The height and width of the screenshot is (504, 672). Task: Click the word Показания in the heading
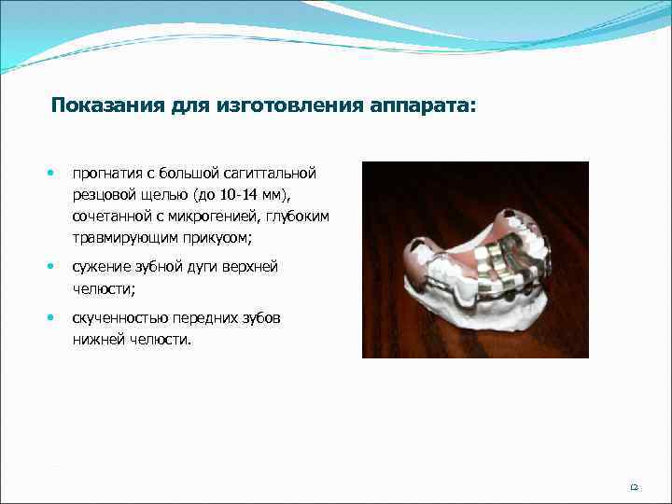[x=108, y=105]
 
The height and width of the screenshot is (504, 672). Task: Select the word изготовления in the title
[x=288, y=105]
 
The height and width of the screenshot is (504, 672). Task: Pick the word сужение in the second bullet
[x=100, y=267]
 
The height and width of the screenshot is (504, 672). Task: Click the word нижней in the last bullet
[x=96, y=340]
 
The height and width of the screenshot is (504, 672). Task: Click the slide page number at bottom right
[x=634, y=486]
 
